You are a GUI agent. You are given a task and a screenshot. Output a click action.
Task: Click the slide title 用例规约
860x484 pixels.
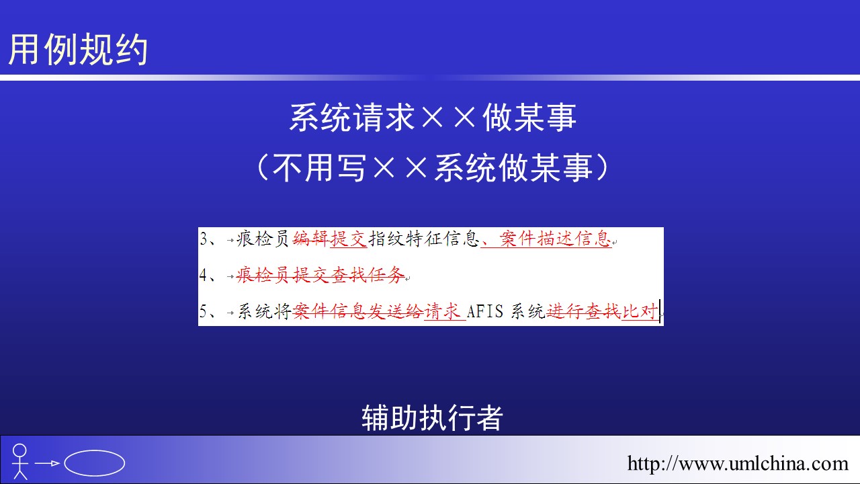pos(78,49)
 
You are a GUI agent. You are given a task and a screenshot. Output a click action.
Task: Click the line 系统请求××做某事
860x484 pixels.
pos(433,117)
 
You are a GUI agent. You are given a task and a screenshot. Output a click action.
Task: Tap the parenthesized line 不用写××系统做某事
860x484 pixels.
pos(433,167)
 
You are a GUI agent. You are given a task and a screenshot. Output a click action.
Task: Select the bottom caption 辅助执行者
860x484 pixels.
pos(432,417)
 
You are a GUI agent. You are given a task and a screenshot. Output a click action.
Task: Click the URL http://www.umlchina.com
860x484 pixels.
pos(738,463)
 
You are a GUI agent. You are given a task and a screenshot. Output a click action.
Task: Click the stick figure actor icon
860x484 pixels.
pos(19,462)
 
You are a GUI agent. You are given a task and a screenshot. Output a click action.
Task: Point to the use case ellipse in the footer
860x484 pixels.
pos(95,463)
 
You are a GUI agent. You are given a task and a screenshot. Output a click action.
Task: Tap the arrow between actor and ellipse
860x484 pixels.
pos(47,463)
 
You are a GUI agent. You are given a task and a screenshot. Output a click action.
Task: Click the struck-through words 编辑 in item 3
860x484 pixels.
pos(311,239)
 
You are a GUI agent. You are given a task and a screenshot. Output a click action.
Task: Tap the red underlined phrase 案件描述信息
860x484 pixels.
pos(555,239)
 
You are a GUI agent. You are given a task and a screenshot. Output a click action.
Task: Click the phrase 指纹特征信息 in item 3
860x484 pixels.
pos(424,239)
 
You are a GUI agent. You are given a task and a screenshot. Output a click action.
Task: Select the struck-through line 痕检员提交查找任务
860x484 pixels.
pos(320,275)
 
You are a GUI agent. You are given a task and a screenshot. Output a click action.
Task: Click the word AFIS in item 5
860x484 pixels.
pos(485,311)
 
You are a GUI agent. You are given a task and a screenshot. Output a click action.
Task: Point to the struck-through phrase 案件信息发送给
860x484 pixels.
pos(358,311)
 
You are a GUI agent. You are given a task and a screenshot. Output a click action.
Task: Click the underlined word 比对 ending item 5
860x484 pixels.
pos(640,311)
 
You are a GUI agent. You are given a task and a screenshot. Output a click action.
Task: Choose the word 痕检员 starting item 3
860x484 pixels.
pos(263,239)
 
